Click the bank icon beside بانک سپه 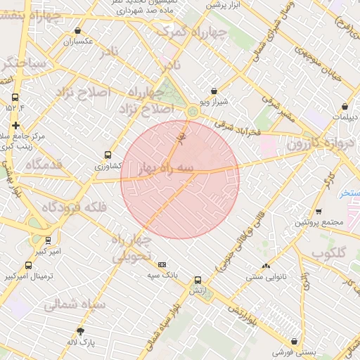[162, 264]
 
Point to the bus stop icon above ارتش [198, 279]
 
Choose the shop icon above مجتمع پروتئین [319, 211]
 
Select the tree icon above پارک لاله [81, 330]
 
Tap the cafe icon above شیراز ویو [214, 91]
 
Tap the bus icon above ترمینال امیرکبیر [28, 266]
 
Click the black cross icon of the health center [15, 125]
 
